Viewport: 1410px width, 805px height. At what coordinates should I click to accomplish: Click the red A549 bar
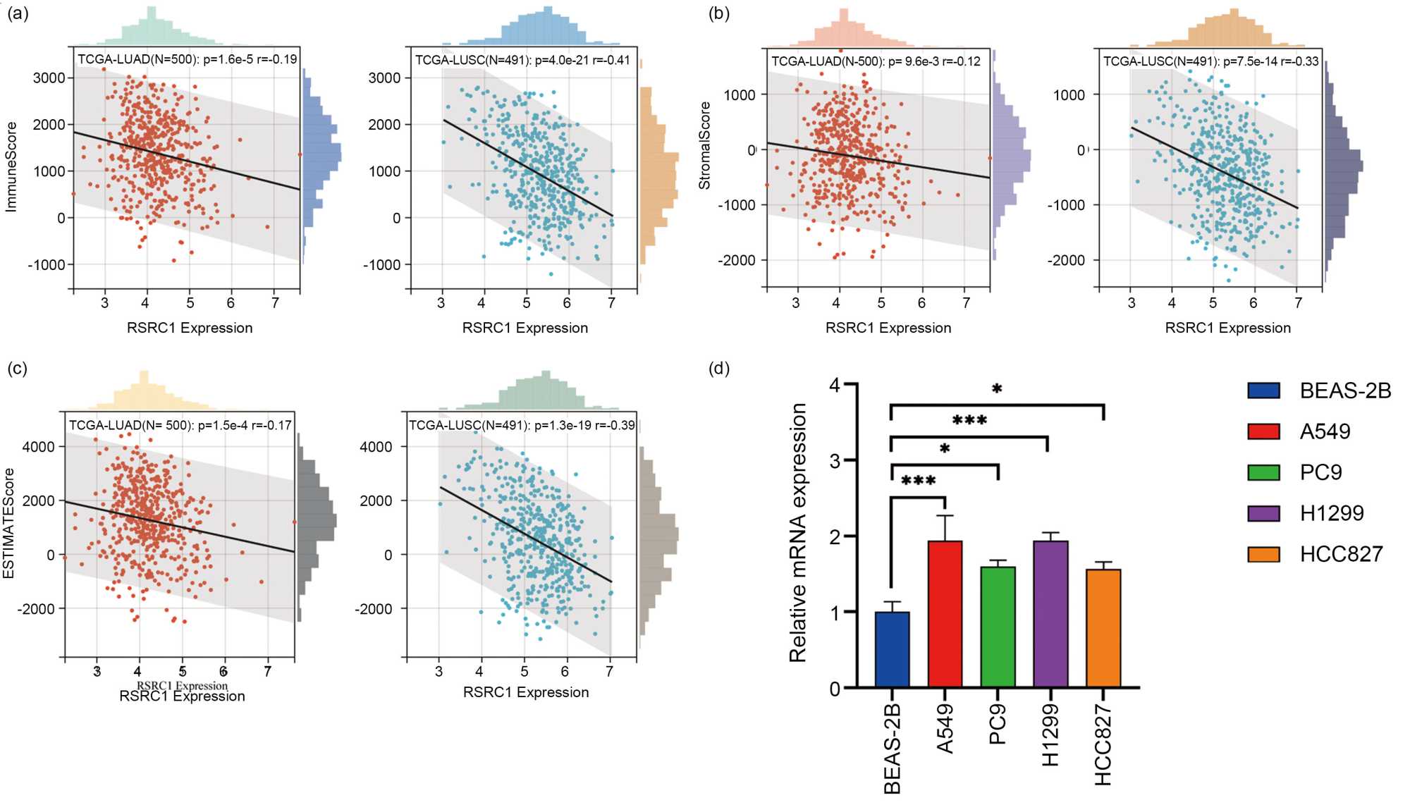945,613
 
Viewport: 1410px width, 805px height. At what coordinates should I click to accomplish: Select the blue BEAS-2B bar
892,649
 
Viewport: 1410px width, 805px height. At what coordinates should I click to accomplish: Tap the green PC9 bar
998,627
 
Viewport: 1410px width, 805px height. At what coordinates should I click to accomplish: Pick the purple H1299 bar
1050,613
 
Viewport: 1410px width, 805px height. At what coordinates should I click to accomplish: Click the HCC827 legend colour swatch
1263,554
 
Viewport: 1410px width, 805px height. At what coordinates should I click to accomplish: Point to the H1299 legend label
1332,513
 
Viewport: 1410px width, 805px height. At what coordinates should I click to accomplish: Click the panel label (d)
718,369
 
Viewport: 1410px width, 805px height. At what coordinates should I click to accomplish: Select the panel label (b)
718,13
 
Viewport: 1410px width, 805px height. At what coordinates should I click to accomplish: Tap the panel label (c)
18,369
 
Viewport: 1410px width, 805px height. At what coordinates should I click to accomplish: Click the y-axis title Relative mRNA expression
797,533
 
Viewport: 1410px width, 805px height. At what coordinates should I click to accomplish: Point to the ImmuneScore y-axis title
11,167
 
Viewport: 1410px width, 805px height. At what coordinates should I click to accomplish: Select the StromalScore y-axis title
704,145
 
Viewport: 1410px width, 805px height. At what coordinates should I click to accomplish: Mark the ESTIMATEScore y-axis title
8,523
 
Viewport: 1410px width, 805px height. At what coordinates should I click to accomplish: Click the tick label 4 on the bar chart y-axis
835,385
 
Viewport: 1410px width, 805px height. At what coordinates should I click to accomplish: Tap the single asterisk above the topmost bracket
997,389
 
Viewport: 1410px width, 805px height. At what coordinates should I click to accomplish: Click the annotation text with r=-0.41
522,60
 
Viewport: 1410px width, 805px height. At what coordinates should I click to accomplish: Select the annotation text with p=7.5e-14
1210,61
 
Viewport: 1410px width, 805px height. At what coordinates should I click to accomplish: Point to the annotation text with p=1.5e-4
180,425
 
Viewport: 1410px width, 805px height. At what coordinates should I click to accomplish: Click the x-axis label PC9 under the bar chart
998,725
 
